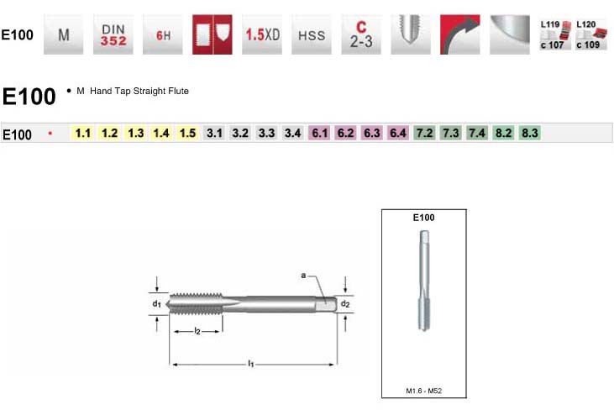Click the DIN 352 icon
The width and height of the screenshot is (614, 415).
click(113, 34)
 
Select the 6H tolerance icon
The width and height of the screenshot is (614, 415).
click(162, 34)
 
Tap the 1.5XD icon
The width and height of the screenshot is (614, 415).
click(262, 34)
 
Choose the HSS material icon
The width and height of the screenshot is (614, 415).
click(312, 34)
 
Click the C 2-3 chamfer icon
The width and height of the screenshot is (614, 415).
click(361, 34)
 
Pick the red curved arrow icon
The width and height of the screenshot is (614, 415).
click(460, 34)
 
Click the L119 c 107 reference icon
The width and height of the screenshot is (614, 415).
click(555, 34)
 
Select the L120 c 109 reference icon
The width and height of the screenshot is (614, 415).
click(591, 34)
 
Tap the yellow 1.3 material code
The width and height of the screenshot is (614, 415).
click(136, 133)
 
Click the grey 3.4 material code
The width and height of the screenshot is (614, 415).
click(293, 133)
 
